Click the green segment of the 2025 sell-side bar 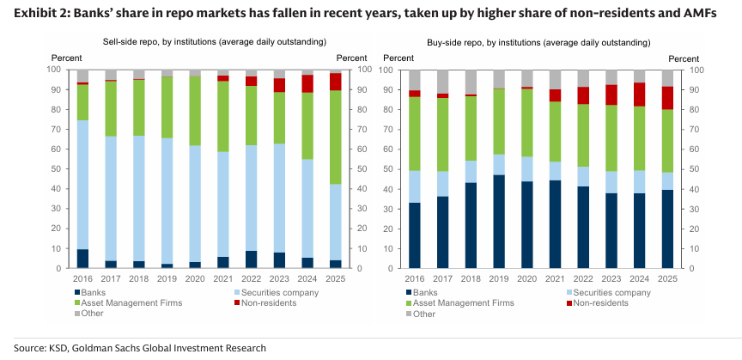pos(334,137)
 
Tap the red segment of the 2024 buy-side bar pos(637,94)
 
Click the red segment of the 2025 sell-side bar pos(334,82)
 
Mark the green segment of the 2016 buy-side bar pos(414,133)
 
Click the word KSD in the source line pos(59,348)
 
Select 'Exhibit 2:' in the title pos(32,15)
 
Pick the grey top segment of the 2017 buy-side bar pos(443,82)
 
